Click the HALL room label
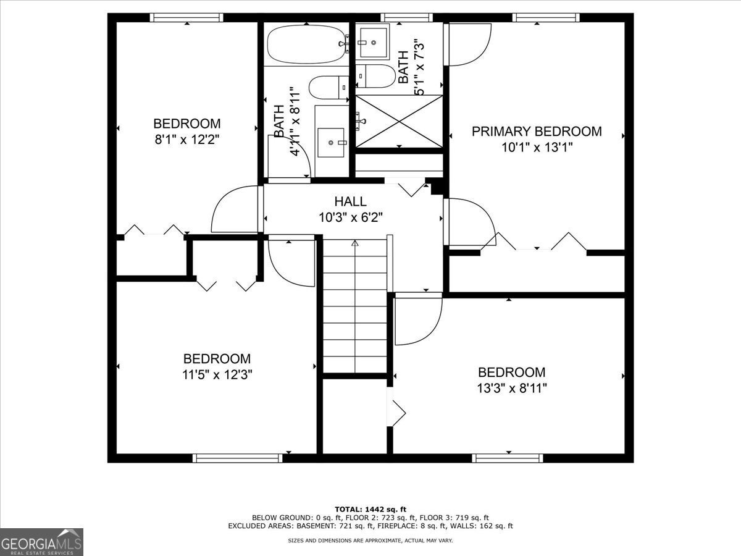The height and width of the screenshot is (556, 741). click(350, 201)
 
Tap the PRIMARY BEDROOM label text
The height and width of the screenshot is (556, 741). click(537, 132)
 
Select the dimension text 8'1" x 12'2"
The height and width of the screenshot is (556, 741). click(187, 140)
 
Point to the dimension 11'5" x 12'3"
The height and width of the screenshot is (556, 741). click(217, 374)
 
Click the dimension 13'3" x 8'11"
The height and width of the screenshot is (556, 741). click(512, 388)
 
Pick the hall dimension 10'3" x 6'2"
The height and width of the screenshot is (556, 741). click(351, 217)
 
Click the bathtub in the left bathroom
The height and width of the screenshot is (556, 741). click(306, 44)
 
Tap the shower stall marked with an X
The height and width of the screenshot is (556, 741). click(399, 122)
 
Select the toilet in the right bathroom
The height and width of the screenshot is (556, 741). click(375, 76)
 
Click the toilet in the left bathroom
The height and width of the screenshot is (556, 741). click(329, 88)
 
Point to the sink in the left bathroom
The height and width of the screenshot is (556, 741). click(331, 143)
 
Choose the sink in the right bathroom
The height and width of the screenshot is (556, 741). click(374, 43)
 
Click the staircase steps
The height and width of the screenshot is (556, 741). click(355, 306)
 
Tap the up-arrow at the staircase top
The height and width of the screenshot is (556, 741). click(354, 243)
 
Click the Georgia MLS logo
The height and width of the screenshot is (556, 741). click(41, 542)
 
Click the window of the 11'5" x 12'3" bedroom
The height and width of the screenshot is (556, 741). click(237, 458)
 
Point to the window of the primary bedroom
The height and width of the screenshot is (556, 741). click(546, 17)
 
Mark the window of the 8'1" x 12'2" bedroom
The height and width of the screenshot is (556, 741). click(186, 17)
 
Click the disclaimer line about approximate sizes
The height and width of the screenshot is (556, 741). click(370, 541)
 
